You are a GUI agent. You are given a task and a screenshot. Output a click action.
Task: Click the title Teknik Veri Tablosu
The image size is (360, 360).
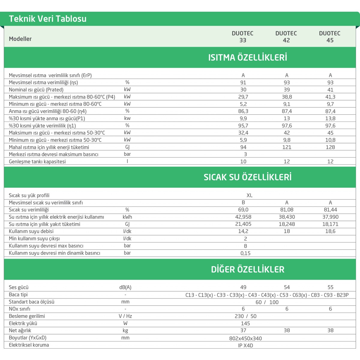[48, 19]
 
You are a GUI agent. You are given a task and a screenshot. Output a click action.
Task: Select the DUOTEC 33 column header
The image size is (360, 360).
[243, 37]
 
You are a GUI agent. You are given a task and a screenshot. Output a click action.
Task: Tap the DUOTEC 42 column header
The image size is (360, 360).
[286, 37]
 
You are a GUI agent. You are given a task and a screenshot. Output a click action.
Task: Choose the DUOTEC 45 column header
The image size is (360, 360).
[330, 37]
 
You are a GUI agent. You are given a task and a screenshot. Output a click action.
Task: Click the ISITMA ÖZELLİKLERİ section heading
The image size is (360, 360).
[247, 57]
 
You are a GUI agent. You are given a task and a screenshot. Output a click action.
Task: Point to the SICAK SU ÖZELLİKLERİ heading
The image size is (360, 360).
[247, 177]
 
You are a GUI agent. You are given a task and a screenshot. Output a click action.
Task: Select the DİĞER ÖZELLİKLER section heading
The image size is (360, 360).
[247, 269]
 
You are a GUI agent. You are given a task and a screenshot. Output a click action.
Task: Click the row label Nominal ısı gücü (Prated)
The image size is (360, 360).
[36, 90]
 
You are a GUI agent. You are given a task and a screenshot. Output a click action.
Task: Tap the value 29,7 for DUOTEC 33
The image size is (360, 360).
[243, 97]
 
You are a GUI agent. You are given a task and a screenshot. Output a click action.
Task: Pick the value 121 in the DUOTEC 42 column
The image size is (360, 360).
[287, 147]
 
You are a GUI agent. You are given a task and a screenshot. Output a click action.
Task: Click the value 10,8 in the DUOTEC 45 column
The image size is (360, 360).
[330, 140]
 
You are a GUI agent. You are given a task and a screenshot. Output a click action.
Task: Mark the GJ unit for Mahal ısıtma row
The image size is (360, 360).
[127, 147]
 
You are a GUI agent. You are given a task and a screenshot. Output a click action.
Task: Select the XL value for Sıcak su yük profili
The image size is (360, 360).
[249, 195]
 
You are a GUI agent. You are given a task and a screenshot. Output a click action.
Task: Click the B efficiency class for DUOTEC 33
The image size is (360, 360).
[243, 202]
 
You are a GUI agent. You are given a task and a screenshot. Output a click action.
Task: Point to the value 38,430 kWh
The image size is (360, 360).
[287, 217]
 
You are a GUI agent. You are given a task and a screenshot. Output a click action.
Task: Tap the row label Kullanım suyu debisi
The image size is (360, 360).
[31, 231]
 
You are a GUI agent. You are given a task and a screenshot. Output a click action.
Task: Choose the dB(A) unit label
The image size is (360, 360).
[125, 287]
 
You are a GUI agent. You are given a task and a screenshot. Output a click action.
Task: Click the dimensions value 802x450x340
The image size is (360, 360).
[245, 338]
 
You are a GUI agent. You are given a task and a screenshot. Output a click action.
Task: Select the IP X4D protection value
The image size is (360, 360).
[245, 346]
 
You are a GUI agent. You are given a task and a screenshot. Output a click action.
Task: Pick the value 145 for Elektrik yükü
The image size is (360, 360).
[245, 323]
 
